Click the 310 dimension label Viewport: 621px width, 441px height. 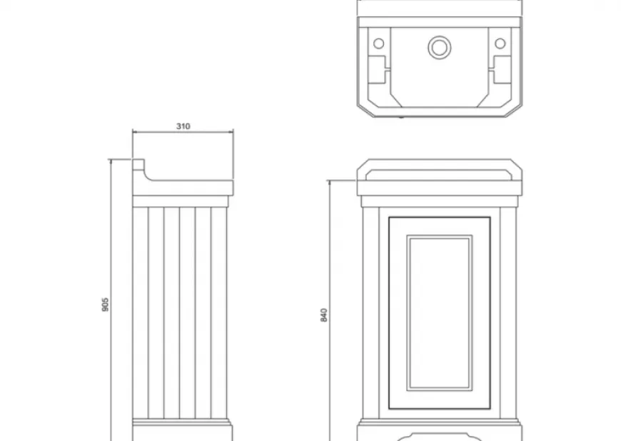click(x=183, y=126)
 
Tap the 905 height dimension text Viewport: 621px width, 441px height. click(x=105, y=305)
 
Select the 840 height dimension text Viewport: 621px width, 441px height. click(x=323, y=315)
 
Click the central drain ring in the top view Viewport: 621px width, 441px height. click(x=439, y=47)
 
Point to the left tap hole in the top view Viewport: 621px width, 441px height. click(x=378, y=43)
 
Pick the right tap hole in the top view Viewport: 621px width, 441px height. click(x=500, y=43)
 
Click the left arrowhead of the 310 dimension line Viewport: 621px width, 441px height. click(x=135, y=132)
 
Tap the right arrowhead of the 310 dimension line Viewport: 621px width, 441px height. click(x=231, y=132)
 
